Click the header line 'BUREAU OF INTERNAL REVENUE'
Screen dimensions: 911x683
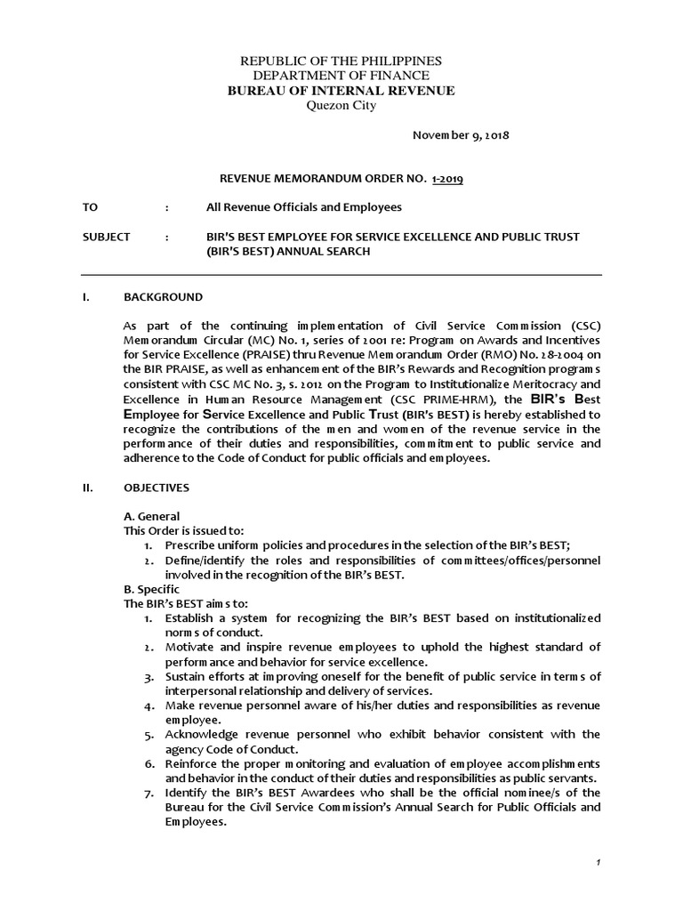pyautogui.click(x=341, y=91)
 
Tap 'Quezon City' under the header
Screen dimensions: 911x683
pyautogui.click(x=341, y=106)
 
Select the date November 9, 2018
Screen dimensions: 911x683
pyautogui.click(x=460, y=135)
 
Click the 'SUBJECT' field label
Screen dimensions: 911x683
pyautogui.click(x=106, y=237)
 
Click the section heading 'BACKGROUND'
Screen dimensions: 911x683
pyautogui.click(x=163, y=296)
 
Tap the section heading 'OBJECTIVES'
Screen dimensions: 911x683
pyautogui.click(x=161, y=488)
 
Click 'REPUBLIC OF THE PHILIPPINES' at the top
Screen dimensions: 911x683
pyautogui.click(x=341, y=60)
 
